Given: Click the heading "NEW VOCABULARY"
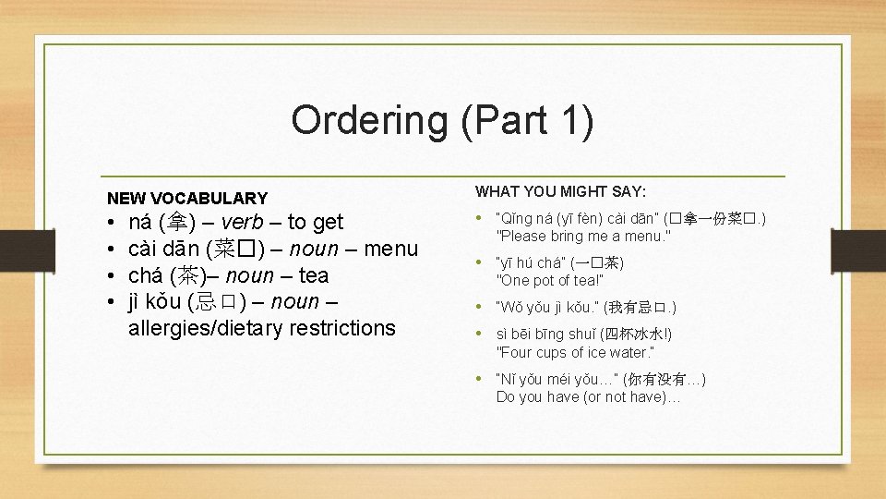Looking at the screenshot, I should (187, 198).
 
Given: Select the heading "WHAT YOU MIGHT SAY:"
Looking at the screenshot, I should (560, 191).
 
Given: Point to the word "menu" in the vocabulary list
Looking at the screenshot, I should (390, 249).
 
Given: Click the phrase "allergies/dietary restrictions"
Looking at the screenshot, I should (261, 328).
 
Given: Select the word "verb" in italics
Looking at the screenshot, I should (244, 222).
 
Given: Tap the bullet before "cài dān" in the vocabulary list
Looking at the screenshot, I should (110, 249).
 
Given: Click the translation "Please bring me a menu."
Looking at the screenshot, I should (583, 236).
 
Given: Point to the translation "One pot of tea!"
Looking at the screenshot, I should (549, 281).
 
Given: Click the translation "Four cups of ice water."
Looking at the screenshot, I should (575, 352).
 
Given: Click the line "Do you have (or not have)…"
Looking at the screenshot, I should (588, 396).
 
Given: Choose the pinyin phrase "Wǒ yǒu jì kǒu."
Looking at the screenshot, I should (547, 307).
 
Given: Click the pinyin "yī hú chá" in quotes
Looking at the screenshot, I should (534, 263).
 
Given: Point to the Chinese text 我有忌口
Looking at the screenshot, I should (636, 307).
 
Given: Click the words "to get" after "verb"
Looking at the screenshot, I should (315, 222).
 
